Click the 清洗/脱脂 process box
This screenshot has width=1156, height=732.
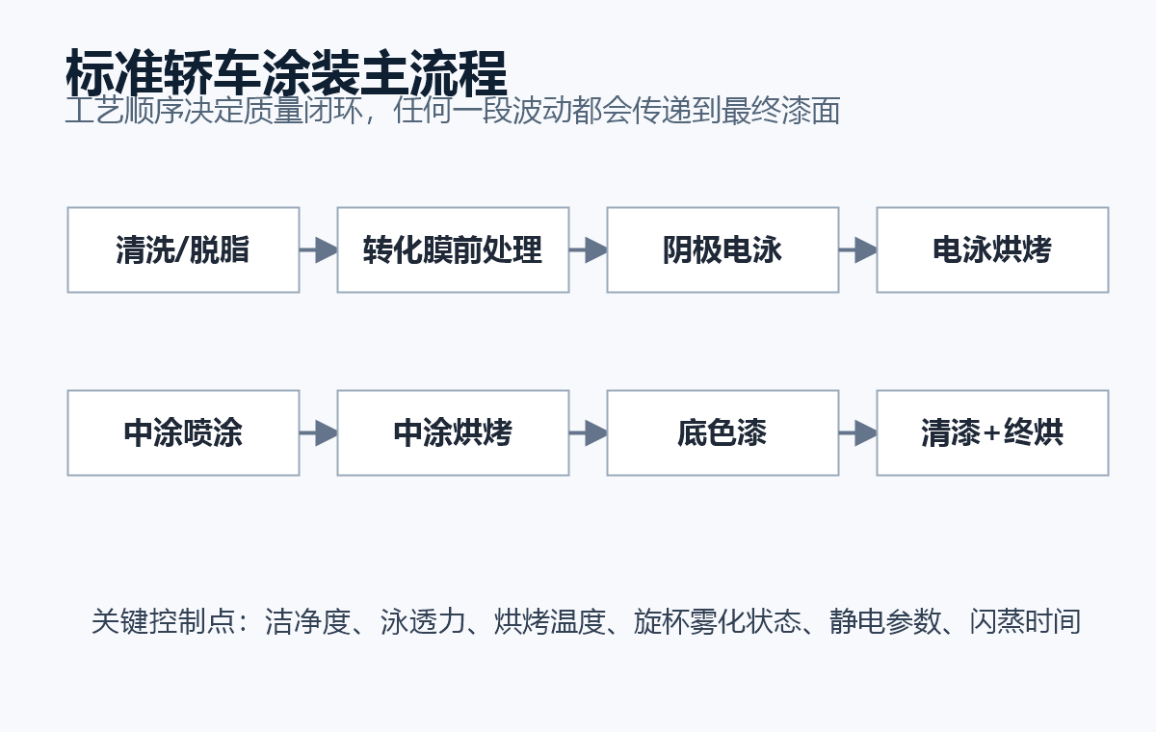tap(183, 249)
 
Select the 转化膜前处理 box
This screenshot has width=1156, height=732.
tap(453, 249)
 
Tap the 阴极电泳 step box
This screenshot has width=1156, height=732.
tap(722, 249)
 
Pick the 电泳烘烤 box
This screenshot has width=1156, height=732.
tap(992, 249)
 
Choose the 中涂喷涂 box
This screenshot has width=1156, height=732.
tap(183, 432)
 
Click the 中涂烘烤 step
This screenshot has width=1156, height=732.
tap(453, 432)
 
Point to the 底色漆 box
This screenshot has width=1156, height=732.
tap(722, 432)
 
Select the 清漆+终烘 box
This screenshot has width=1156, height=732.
tap(992, 432)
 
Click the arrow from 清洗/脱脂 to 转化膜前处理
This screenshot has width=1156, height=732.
tap(319, 249)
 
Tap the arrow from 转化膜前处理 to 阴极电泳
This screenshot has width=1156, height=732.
tap(589, 249)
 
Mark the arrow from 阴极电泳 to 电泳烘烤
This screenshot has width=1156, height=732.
tap(857, 249)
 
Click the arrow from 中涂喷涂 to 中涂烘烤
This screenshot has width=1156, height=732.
tap(319, 432)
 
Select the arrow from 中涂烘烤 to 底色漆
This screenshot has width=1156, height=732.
tap(589, 432)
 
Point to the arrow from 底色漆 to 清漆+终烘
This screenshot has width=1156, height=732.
tap(857, 432)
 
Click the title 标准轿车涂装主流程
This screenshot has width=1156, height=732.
tap(286, 73)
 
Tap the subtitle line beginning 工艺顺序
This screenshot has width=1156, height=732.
tap(453, 111)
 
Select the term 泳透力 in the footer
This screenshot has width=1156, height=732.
tap(423, 621)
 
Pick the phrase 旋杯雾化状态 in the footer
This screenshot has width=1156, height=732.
tap(718, 621)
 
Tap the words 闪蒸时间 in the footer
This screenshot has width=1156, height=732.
tap(1025, 621)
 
